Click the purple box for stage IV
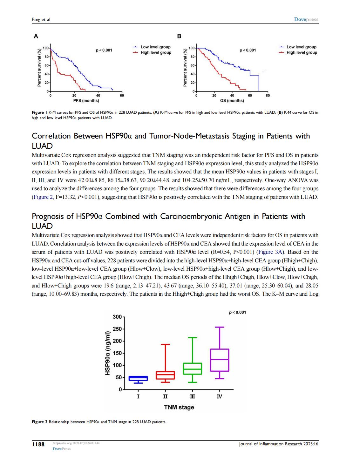click(x=220, y=360)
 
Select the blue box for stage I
click(x=138, y=378)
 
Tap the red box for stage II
click(x=165, y=375)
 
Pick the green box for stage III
click(x=192, y=368)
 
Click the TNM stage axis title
click(x=179, y=407)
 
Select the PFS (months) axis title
click(x=86, y=101)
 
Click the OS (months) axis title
click(x=232, y=101)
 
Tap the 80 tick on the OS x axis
click(x=268, y=95)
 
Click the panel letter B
click(x=179, y=36)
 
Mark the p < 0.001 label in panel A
click(x=104, y=50)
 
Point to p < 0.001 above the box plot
click(x=237, y=312)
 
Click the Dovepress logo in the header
click(x=306, y=19)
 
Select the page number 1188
click(x=38, y=444)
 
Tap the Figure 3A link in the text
click(x=269, y=252)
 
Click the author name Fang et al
click(x=41, y=20)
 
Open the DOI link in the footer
click(x=76, y=443)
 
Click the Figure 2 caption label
click(x=39, y=422)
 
